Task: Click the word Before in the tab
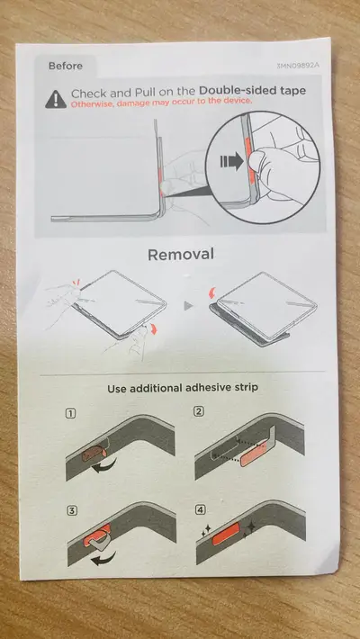click(65, 66)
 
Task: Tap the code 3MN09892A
click(299, 66)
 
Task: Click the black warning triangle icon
click(56, 99)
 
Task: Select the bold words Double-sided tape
click(252, 91)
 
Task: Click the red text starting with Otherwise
click(161, 103)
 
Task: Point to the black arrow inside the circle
click(231, 162)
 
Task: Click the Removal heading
click(181, 255)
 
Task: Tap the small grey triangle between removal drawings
click(188, 306)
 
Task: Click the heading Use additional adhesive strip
click(183, 387)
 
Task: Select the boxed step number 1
click(70, 414)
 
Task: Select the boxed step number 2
click(199, 411)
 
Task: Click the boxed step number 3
click(72, 510)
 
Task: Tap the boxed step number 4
click(200, 509)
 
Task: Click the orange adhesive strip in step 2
click(254, 455)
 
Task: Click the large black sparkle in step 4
click(249, 526)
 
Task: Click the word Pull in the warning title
click(146, 92)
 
